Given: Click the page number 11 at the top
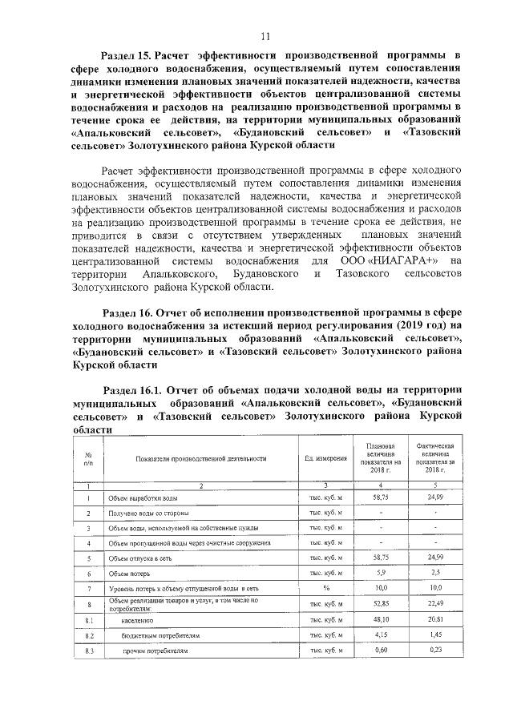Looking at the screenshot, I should click(265, 35).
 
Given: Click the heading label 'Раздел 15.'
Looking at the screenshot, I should click(127, 55).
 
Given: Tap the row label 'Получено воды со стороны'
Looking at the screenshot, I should click(145, 513).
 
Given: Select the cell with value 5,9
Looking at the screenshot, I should click(381, 574).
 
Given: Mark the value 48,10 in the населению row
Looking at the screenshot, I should click(381, 620).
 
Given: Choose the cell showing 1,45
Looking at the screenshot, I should click(435, 635).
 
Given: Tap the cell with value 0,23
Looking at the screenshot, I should click(435, 650).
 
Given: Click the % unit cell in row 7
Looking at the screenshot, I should click(325, 589).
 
